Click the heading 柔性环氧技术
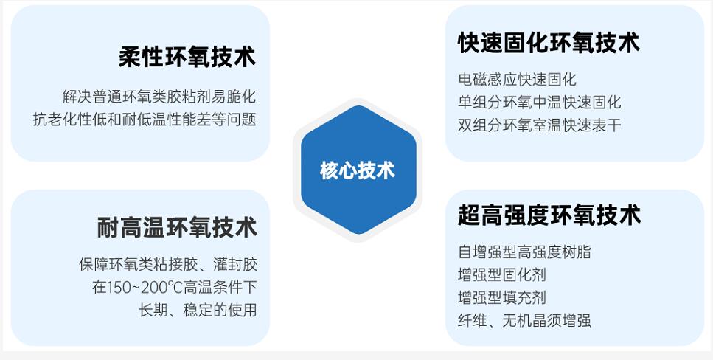tap(187, 58)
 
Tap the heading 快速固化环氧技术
tap(549, 42)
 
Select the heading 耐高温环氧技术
tap(177, 227)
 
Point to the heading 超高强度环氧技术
tap(549, 215)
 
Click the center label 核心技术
tap(358, 170)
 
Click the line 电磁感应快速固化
tap(517, 80)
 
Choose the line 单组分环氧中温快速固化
tap(539, 103)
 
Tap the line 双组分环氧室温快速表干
tap(539, 125)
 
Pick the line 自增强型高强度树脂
tap(524, 252)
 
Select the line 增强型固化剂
tap(502, 274)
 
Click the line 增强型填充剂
tap(502, 297)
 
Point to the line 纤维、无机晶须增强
tap(524, 320)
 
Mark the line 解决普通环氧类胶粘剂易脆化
tap(159, 97)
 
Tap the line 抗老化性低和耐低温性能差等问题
tap(145, 120)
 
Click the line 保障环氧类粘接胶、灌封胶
tap(168, 264)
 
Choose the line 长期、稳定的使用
tap(198, 310)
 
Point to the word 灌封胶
tap(235, 264)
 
